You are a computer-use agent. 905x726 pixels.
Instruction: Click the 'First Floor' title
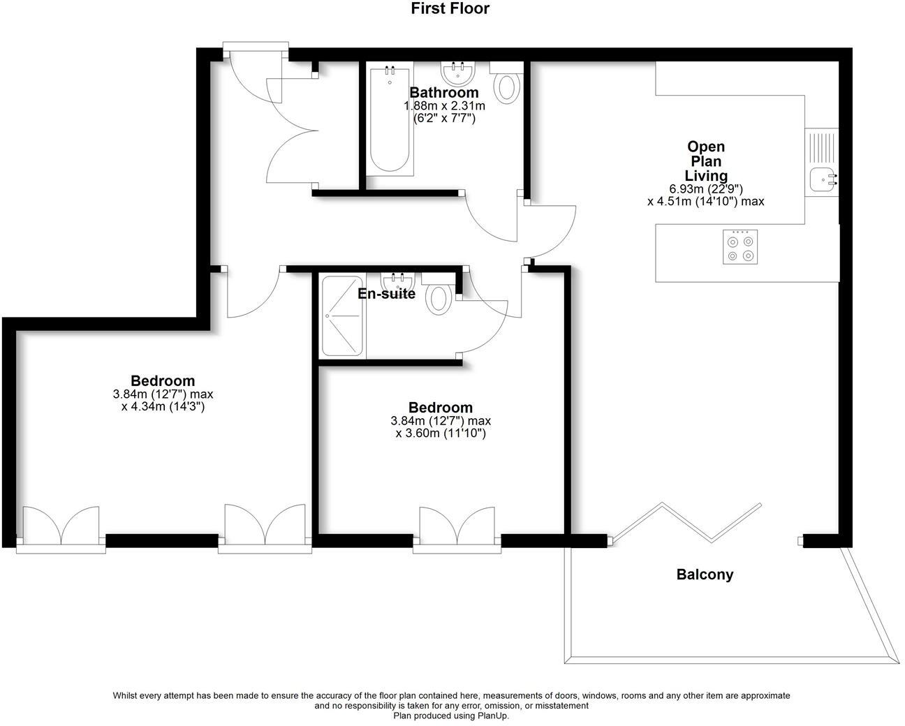click(x=450, y=9)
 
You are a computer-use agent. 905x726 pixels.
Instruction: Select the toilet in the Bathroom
click(x=507, y=85)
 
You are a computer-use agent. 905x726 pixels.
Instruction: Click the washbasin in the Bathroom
click(x=459, y=73)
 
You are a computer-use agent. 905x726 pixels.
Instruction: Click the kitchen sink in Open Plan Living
click(x=822, y=179)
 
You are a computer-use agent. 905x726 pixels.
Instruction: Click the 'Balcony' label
click(x=705, y=575)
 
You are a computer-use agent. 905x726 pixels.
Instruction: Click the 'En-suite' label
click(x=386, y=294)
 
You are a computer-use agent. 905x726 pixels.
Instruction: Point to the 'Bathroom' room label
click(x=444, y=93)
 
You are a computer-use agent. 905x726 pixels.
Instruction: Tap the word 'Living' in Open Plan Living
click(x=706, y=176)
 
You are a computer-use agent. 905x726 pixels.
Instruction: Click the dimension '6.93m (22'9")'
click(x=706, y=189)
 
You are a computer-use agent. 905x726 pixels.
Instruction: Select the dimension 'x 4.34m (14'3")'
click(x=163, y=406)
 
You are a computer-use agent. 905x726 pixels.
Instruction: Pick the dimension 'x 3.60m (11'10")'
click(x=441, y=434)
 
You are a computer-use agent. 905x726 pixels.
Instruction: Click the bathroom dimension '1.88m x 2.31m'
click(x=444, y=106)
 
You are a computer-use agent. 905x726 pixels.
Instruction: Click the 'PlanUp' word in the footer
click(x=492, y=716)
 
